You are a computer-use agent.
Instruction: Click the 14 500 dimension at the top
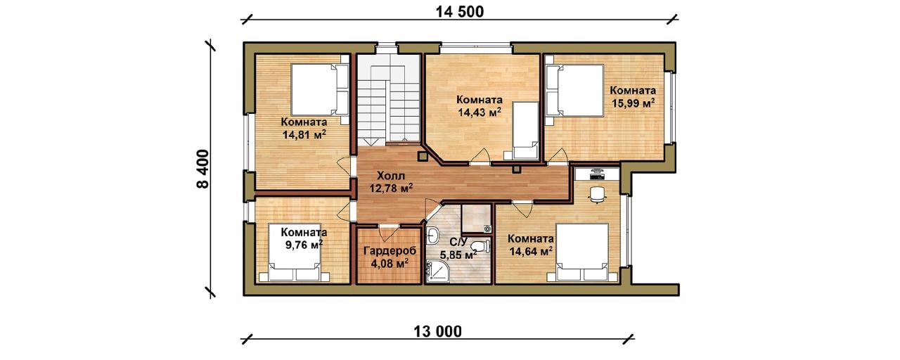point(460,12)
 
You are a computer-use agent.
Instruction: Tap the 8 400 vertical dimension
point(203,169)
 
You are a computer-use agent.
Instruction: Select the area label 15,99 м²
point(634,103)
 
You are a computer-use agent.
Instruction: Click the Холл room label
point(392,176)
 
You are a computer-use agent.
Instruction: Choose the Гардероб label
point(390,251)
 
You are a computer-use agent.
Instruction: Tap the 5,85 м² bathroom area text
point(458,255)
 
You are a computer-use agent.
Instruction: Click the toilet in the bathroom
point(482,245)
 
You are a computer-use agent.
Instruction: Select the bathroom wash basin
point(432,235)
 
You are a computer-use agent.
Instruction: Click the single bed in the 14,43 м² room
point(525,130)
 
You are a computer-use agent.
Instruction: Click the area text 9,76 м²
point(304,245)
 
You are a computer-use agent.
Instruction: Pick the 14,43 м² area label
point(480,112)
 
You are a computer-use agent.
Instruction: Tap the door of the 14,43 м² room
point(480,157)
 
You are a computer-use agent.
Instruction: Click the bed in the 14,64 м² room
point(581,252)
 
